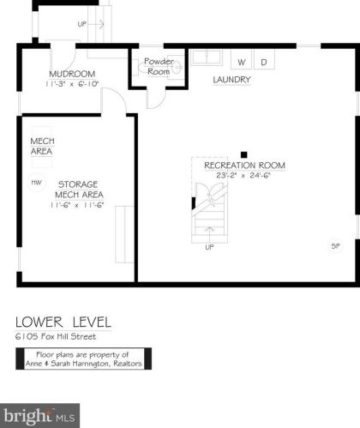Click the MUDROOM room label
[x=72, y=74]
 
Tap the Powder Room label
[x=159, y=66]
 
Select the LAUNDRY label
[x=231, y=80]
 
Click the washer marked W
[x=242, y=59]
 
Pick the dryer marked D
[x=264, y=59]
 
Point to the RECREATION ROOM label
[x=244, y=166]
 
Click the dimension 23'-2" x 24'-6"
[x=243, y=175]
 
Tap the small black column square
[x=243, y=154]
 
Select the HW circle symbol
[x=37, y=183]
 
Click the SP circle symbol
[x=335, y=246]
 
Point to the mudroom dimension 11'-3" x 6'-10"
[x=72, y=84]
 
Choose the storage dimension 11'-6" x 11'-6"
[x=77, y=205]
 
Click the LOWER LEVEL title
[x=63, y=323]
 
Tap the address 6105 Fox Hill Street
[x=56, y=336]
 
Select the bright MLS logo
[x=39, y=416]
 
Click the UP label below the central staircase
[x=209, y=247]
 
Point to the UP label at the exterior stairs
[x=82, y=24]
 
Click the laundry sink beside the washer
[x=207, y=57]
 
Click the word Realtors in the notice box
[x=128, y=364]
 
